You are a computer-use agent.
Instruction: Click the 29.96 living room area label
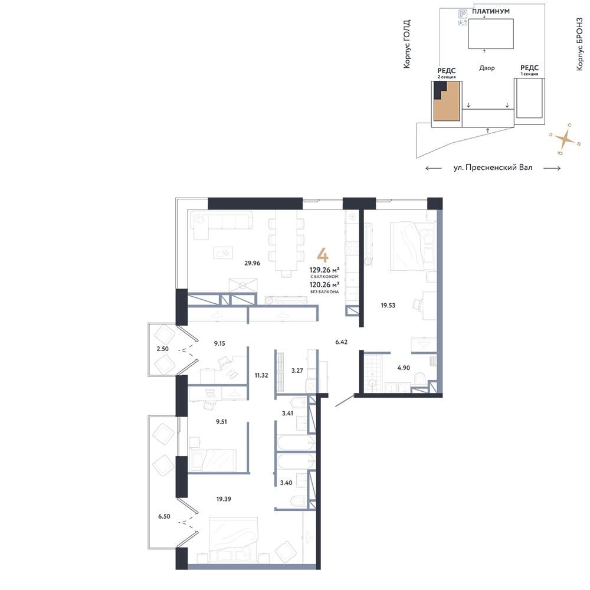coord(253,263)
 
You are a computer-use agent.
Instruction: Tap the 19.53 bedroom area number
coord(388,306)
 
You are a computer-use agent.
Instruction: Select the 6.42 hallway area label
coord(342,342)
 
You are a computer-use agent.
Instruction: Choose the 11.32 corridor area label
coord(261,373)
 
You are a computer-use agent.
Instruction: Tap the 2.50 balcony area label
coord(162,349)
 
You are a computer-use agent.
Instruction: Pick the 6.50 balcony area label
coord(164,516)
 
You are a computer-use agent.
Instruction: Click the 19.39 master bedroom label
coord(224,499)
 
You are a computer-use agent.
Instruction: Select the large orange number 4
coord(323,255)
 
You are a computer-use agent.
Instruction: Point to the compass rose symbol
coord(565,140)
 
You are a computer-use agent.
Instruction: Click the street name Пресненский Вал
coord(493,168)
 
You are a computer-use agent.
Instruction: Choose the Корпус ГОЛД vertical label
coord(407,44)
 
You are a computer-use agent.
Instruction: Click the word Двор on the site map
coord(487,68)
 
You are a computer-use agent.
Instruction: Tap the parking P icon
coord(463,13)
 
